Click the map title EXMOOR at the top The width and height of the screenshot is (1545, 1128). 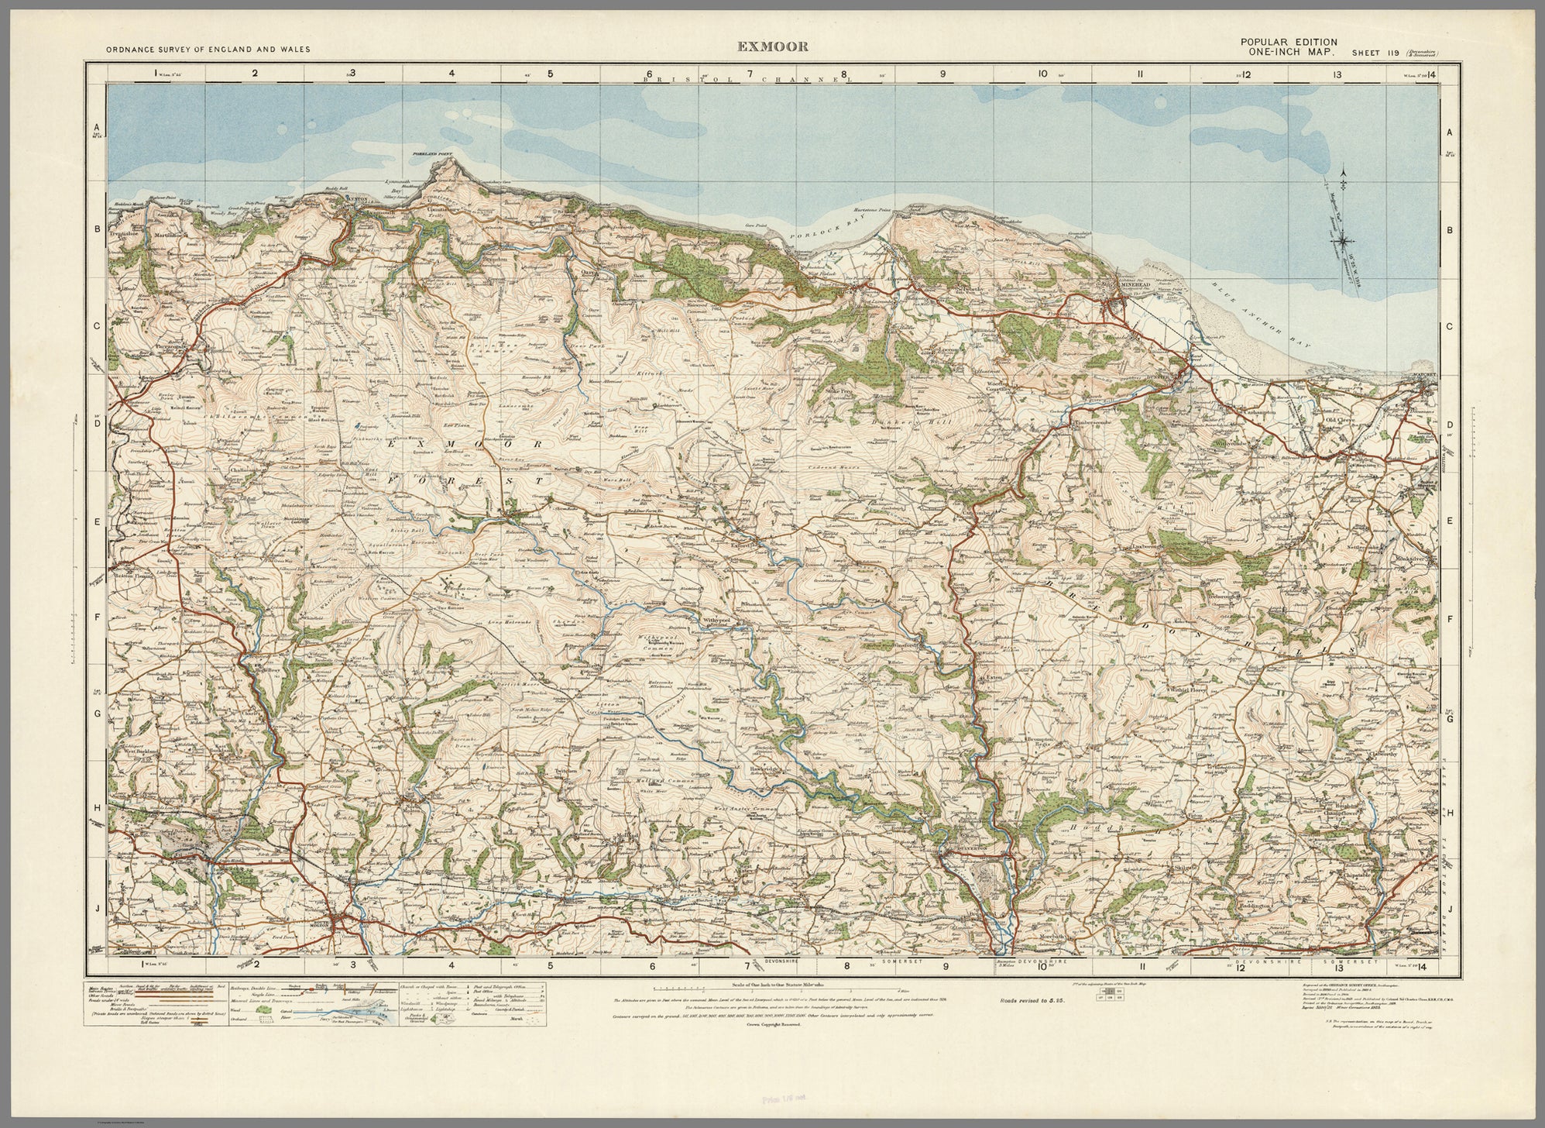pos(773,46)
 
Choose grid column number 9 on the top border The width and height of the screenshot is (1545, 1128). pos(943,74)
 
